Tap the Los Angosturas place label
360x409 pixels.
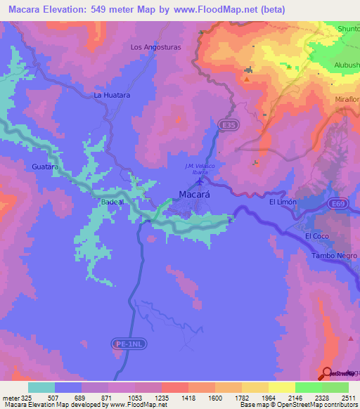pyautogui.click(x=156, y=48)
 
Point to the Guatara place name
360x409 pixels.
pyautogui.click(x=44, y=167)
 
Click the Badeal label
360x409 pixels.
pyautogui.click(x=112, y=201)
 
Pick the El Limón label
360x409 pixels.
pyautogui.click(x=283, y=202)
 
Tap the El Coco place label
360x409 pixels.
pyautogui.click(x=317, y=237)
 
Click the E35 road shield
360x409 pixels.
pyautogui.click(x=225, y=124)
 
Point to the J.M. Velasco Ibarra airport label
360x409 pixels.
pyautogui.click(x=198, y=169)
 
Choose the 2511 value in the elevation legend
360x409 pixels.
pyautogui.click(x=349, y=397)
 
